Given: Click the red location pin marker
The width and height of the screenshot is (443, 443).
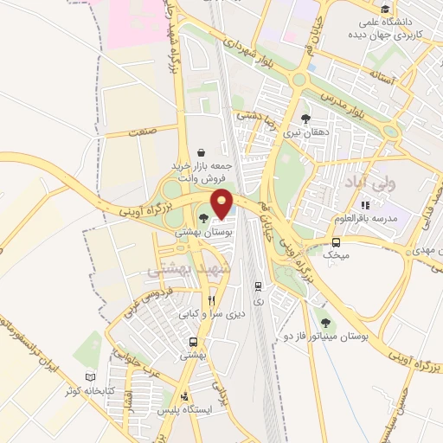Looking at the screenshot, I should click(223, 204).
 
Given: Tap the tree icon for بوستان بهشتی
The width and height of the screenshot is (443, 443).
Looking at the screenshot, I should click(203, 220).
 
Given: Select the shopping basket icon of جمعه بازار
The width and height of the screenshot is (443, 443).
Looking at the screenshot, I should click(202, 151).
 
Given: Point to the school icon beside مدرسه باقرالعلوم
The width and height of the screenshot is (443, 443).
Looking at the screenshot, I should click(365, 205).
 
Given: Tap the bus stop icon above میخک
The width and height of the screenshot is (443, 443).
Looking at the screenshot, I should click(336, 242).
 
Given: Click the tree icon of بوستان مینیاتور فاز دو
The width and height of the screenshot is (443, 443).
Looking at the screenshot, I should click(325, 322).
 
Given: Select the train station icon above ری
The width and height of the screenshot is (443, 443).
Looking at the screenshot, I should click(257, 286).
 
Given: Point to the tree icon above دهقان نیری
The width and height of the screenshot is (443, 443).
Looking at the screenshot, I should click(305, 119).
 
